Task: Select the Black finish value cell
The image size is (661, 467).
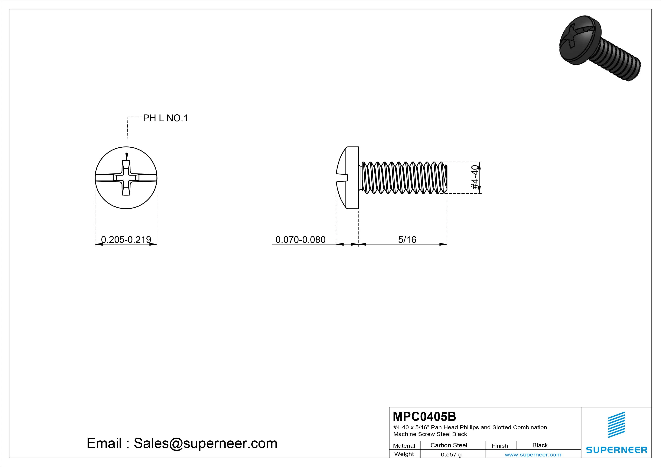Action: pyautogui.click(x=540, y=445)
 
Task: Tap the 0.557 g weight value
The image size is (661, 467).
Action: pyautogui.click(x=451, y=455)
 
